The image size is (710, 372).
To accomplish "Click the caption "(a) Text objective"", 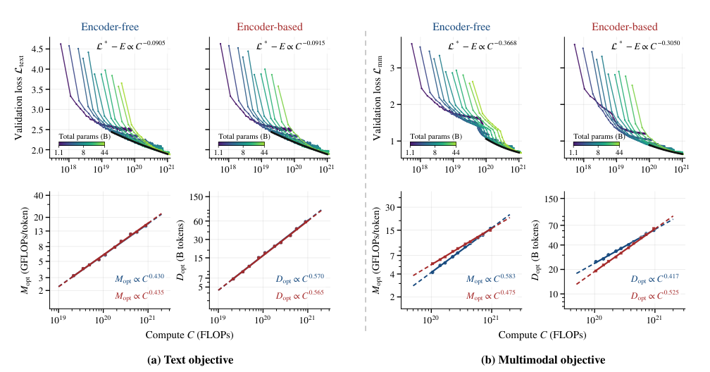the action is [x=190, y=360].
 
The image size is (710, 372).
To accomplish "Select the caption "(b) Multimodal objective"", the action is [x=542, y=360].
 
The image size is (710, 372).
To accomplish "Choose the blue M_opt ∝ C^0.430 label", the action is [x=139, y=278].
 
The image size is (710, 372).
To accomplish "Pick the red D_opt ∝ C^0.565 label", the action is [x=300, y=295].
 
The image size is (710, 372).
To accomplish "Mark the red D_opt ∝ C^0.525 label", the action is [x=655, y=295].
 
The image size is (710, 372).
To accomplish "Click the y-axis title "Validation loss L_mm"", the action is [x=379, y=98].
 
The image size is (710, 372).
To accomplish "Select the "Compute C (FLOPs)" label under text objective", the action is [x=189, y=335].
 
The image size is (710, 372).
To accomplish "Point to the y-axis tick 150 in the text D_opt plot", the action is [x=202, y=197].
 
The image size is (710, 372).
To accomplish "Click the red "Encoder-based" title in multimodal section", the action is [x=624, y=27].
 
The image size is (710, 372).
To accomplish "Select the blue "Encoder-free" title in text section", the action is [x=110, y=27].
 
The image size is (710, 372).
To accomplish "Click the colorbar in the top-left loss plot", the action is [x=82, y=144].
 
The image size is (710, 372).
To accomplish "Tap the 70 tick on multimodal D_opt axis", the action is [x=554, y=225].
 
